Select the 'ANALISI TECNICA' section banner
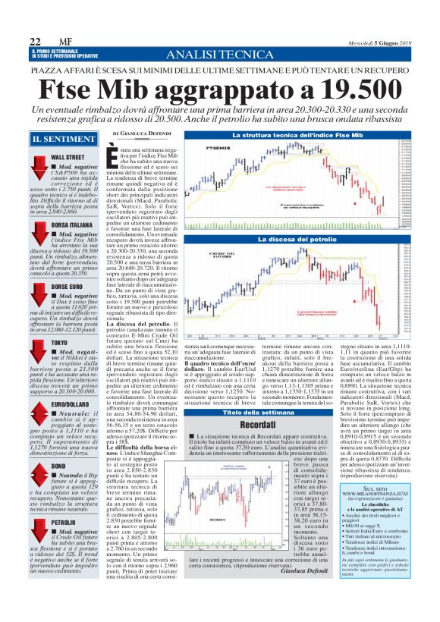click(x=220, y=55)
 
